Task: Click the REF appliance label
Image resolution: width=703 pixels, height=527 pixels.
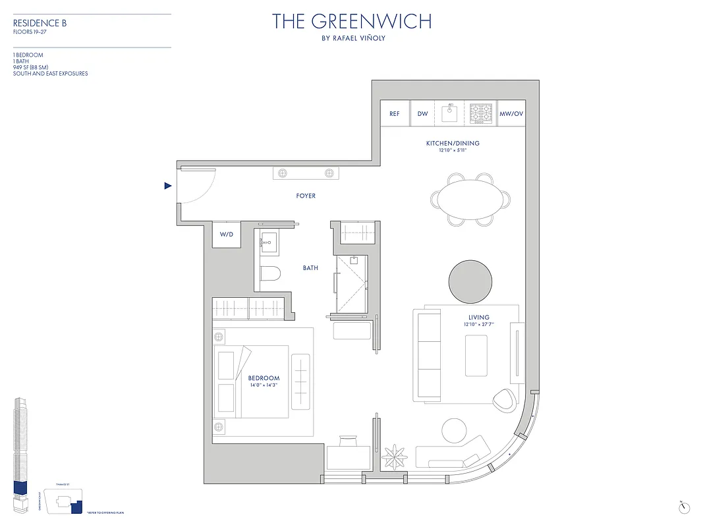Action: [395, 113]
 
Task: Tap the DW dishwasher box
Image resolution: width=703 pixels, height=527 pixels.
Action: [423, 113]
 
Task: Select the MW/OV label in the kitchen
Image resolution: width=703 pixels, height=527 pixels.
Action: [511, 113]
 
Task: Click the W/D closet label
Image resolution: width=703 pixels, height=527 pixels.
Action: [226, 235]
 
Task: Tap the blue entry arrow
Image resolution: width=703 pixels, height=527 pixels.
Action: [168, 186]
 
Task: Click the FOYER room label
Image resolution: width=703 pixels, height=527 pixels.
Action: [306, 196]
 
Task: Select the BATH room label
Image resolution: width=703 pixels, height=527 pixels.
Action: [310, 268]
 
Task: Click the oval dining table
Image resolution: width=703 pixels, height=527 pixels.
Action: [471, 199]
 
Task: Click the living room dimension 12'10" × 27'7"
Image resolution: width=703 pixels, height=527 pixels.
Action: [479, 325]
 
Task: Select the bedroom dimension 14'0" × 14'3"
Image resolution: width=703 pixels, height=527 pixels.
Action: [264, 385]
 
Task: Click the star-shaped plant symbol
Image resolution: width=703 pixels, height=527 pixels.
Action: [394, 455]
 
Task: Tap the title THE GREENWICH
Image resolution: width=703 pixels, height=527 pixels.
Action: [352, 22]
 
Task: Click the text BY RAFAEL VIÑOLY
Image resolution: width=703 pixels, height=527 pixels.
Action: [352, 38]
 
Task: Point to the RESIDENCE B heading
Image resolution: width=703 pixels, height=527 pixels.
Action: [40, 24]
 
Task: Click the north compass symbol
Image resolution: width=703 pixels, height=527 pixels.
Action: [684, 507]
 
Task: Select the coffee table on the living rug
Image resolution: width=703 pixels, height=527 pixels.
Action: [476, 356]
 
